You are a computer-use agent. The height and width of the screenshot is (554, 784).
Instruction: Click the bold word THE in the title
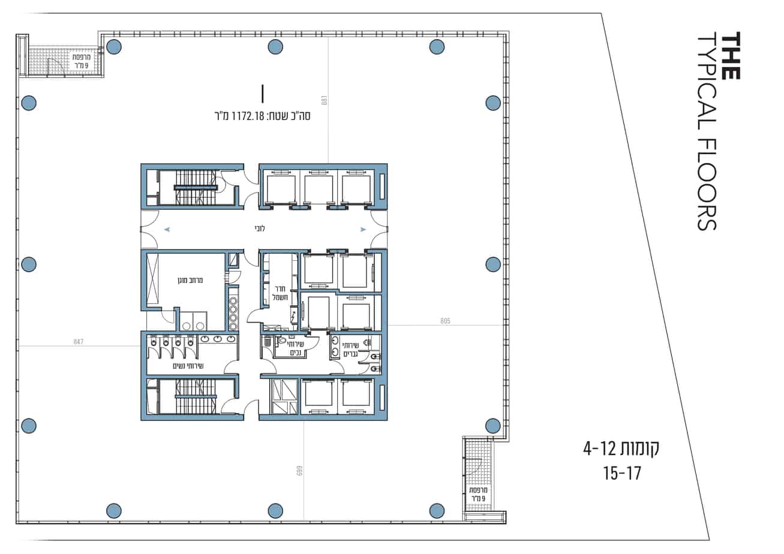pos(731,56)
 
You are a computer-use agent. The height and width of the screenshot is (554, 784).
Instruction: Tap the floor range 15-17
pos(622,474)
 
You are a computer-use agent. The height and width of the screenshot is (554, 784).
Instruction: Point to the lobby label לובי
pos(259,228)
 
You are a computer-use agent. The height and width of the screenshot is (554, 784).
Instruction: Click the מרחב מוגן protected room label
pos(190,280)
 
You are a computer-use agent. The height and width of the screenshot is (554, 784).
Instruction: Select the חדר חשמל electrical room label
pos(280,293)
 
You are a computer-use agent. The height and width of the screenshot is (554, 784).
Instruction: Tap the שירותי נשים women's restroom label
pos(188,366)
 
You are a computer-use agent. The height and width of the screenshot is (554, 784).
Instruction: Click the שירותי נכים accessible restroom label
pos(296,348)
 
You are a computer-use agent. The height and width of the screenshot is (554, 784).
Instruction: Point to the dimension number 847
pos(79,342)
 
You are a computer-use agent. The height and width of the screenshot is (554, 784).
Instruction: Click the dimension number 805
pos(445,321)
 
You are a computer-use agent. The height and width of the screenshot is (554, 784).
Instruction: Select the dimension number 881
pos(324,100)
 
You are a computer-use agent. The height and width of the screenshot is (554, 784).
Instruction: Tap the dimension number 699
pos(299,471)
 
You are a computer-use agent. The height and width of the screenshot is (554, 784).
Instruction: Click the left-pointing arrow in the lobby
pos(167,230)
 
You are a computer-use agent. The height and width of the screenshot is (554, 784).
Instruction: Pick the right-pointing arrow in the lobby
pos(364,230)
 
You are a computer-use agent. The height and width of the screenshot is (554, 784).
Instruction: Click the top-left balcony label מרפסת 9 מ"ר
pos(82,61)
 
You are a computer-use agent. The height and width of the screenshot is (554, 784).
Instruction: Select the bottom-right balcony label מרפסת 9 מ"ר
pos(479,494)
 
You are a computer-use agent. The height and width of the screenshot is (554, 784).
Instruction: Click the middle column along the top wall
pos(275,47)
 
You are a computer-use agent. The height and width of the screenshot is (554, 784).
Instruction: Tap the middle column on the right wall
pos(493,264)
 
